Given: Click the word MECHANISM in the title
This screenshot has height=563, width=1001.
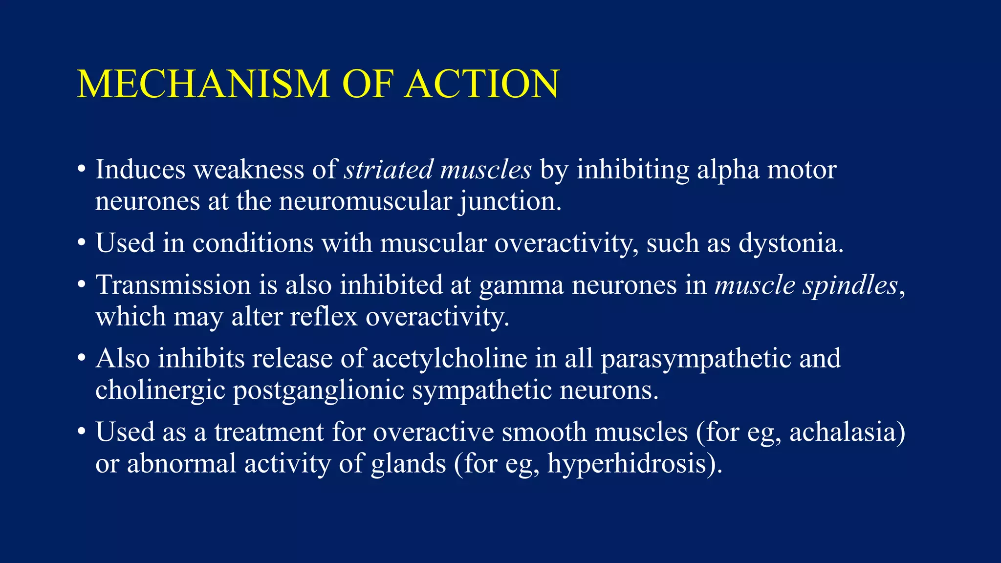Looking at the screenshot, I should point(203,84).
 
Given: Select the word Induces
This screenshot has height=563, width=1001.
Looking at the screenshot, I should point(140,170).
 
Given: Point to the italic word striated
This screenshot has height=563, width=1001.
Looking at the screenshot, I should point(389,170).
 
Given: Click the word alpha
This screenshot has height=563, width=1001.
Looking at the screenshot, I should point(728,170).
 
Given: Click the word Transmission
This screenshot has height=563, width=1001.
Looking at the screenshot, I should point(173,285).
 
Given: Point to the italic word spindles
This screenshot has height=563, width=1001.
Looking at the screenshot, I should point(850,285).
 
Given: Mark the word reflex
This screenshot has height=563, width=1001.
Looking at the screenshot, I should point(324,317).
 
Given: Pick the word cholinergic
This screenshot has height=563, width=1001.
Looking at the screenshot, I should point(160,390).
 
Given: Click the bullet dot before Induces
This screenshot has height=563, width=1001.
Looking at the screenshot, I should point(82,171).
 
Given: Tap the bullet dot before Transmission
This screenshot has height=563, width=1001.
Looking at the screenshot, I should point(82,286).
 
